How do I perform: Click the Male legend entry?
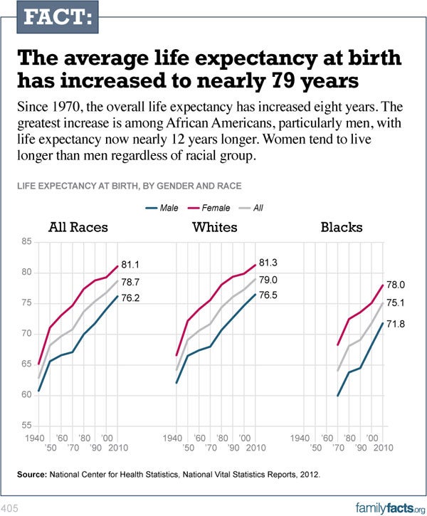169,208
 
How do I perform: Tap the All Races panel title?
78,228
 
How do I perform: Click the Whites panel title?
215,228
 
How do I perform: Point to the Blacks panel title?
342,228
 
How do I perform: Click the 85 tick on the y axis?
26,242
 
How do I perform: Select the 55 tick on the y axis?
26,425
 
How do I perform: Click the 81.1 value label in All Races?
131,266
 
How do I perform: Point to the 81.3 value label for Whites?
268,263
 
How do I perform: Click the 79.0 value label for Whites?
268,281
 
